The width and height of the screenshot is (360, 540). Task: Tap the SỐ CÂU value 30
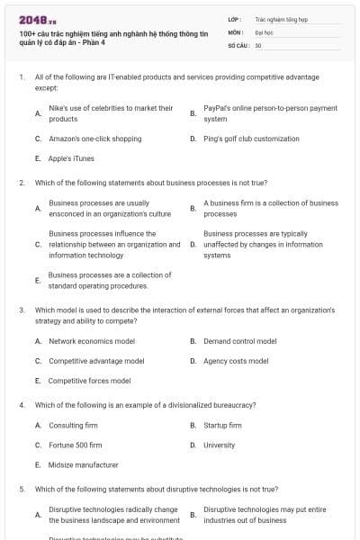point(258,44)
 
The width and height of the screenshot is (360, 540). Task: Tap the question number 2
point(22,182)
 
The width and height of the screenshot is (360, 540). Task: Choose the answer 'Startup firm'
point(222,425)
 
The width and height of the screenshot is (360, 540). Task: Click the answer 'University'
point(219,445)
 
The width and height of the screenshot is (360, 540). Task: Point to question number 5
point(22,490)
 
